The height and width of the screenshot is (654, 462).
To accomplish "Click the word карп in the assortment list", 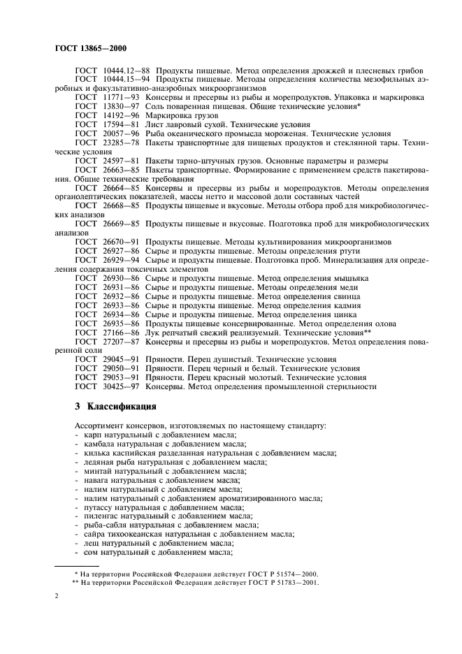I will [92, 434].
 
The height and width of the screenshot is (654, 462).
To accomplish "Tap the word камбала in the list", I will [99, 443].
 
